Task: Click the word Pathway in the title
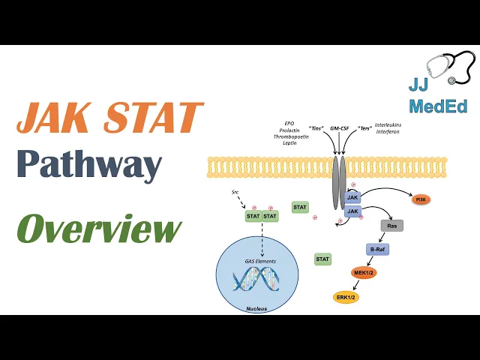pyautogui.click(x=89, y=164)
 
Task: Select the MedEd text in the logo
pyautogui.click(x=438, y=106)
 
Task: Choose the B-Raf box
pyautogui.click(x=377, y=249)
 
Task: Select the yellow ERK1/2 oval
pyautogui.click(x=346, y=297)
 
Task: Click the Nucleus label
pyautogui.click(x=256, y=308)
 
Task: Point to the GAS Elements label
pyautogui.click(x=260, y=261)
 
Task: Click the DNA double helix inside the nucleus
pyautogui.click(x=256, y=280)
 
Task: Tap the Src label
pyautogui.click(x=235, y=193)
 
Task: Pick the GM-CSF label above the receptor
pyautogui.click(x=340, y=127)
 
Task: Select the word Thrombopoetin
pyautogui.click(x=290, y=136)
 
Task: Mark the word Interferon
pyautogui.click(x=387, y=132)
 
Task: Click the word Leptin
pyautogui.click(x=290, y=142)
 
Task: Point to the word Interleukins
pyautogui.click(x=388, y=125)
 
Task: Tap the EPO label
pyautogui.click(x=290, y=122)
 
